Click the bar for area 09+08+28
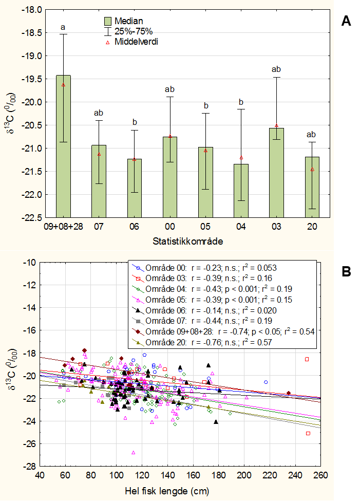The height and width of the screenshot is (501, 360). (x=63, y=146)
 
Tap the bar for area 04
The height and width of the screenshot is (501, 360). (x=241, y=191)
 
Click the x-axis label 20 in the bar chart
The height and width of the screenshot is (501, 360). (x=312, y=227)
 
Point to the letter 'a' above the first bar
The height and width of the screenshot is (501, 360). (x=63, y=27)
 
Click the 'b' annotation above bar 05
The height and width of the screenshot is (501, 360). (x=205, y=106)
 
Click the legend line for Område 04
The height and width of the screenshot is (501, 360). (x=216, y=289)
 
